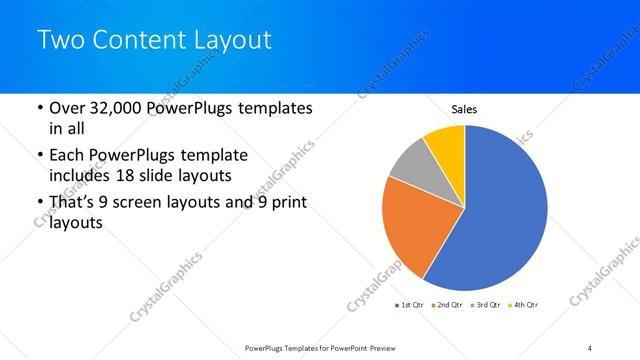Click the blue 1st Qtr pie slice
[x=500, y=210]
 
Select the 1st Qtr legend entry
[x=411, y=303]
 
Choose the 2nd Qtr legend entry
[x=447, y=303]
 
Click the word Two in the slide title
[x=59, y=41]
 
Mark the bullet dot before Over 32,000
[x=38, y=108]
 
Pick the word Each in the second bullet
[x=66, y=156]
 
